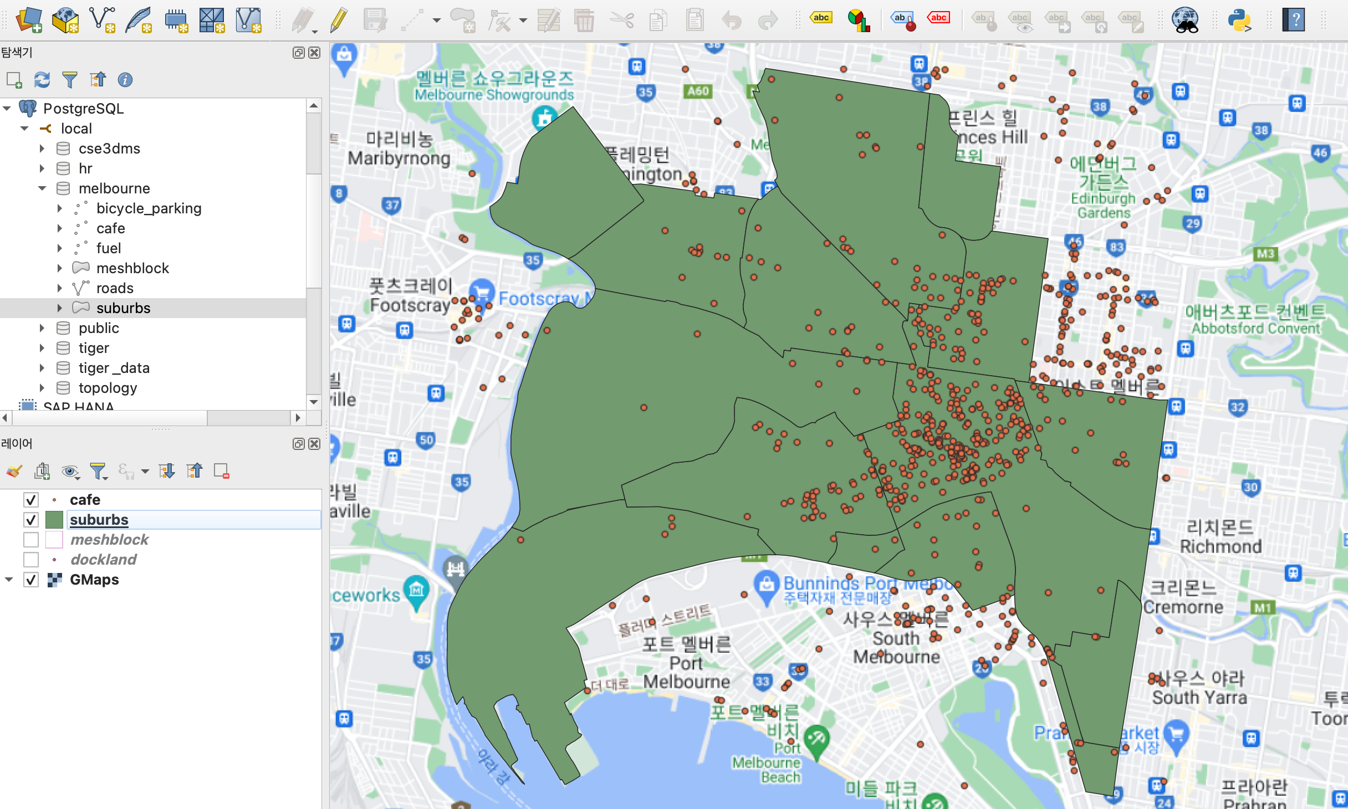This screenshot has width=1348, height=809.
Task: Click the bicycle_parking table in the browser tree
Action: point(149,208)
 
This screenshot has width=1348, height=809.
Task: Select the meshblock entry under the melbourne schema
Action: point(132,268)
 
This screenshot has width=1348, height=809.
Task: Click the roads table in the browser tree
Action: point(115,288)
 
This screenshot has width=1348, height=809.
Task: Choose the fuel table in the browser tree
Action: point(109,248)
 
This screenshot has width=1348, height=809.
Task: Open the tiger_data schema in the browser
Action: point(114,368)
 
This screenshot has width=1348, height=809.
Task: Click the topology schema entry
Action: point(108,388)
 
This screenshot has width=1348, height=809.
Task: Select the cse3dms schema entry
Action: point(109,149)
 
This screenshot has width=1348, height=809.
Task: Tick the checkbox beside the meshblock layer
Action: point(31,540)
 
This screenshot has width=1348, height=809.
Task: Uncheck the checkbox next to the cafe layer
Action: point(31,500)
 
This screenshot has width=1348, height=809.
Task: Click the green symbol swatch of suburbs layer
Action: point(54,520)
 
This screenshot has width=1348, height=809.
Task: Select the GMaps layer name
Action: point(94,580)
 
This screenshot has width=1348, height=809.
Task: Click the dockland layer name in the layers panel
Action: point(103,560)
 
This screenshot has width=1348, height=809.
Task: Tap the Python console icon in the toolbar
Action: point(1239,21)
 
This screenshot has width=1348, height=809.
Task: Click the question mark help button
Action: point(1293,21)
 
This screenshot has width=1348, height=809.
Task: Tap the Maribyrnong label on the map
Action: point(399,158)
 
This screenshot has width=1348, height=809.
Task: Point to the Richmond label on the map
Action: point(1221,546)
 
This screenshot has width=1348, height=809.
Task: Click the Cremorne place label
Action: point(1183,607)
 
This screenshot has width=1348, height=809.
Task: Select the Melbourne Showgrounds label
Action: point(494,95)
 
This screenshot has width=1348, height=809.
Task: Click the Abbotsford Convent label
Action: point(1255,328)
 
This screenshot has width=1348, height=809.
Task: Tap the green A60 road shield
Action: point(698,91)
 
